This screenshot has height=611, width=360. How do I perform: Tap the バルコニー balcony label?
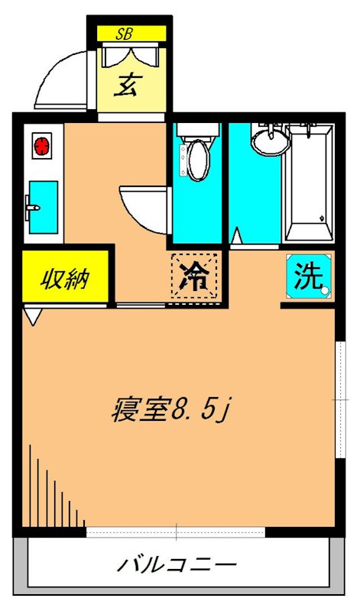click(x=176, y=567)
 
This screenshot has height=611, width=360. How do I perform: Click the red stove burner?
click(x=41, y=144)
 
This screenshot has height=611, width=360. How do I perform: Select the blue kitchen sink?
click(x=43, y=207)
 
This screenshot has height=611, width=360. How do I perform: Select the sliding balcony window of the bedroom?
click(x=176, y=532)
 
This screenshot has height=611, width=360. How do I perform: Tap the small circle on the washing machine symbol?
click(x=325, y=289)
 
